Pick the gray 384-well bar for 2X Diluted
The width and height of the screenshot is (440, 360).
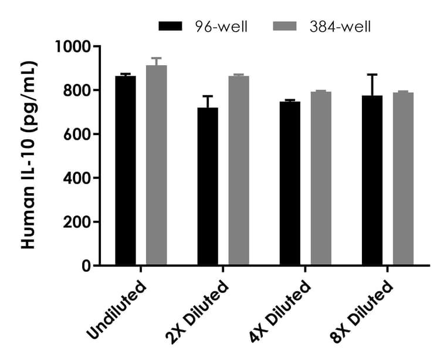pos(239,171)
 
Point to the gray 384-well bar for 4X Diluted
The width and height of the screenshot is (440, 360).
pos(321,179)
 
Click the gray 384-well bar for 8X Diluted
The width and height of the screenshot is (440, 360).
pos(403,179)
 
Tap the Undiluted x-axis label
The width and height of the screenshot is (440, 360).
pos(117,310)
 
